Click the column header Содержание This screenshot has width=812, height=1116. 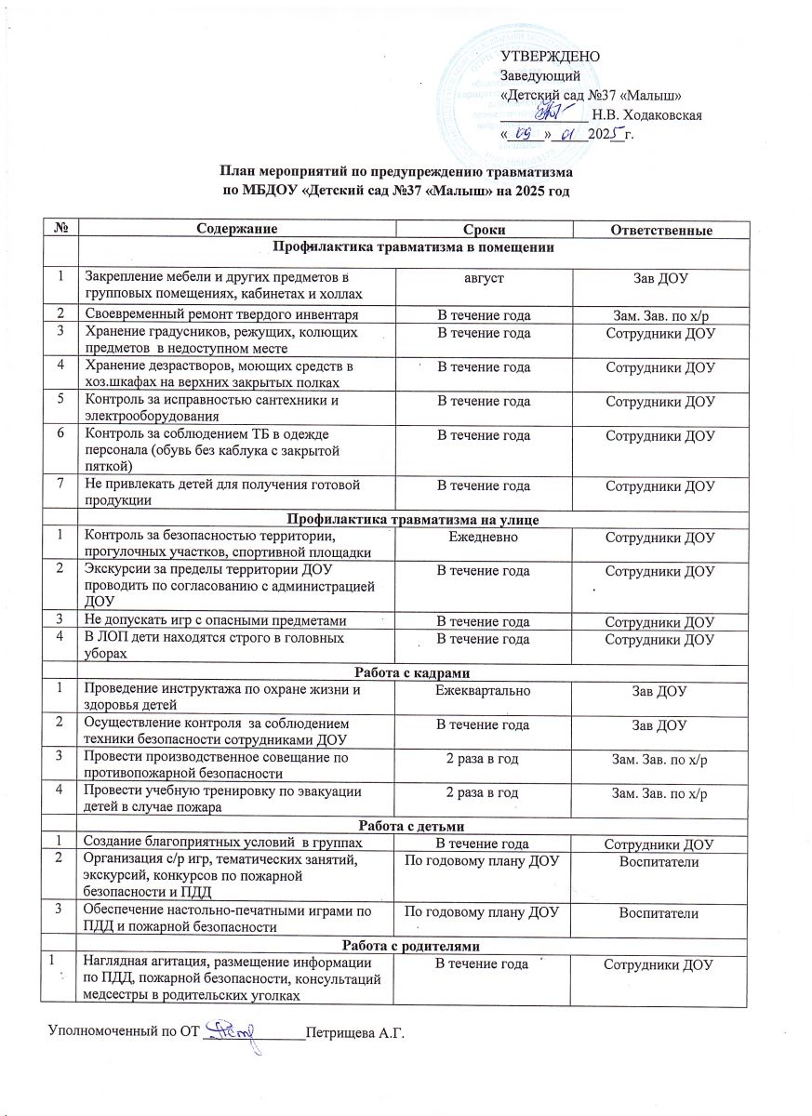(x=235, y=230)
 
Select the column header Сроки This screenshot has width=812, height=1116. (x=484, y=230)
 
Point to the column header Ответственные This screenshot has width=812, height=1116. (x=659, y=230)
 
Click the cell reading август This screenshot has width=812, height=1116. (x=484, y=276)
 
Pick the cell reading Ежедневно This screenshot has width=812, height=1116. (x=484, y=538)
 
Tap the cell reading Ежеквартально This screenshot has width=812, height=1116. (x=484, y=689)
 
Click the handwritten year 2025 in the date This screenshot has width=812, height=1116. (x=606, y=135)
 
